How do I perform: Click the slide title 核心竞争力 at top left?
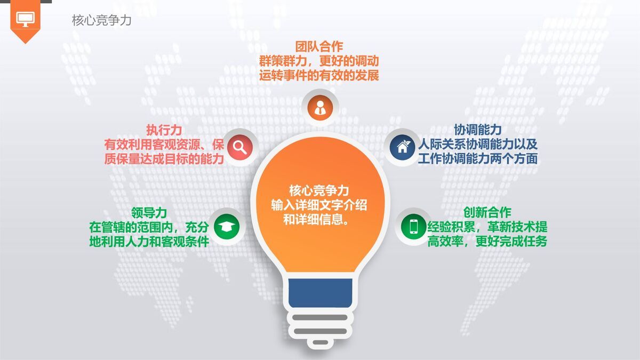point(101,21)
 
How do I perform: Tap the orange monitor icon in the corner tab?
point(25,19)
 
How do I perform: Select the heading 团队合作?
point(319,47)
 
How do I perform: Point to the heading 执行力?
point(164,130)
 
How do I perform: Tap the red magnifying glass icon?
point(239,146)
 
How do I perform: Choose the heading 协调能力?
point(477,130)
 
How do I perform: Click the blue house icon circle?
point(403,146)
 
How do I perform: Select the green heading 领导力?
point(149,212)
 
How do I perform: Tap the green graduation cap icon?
point(227,227)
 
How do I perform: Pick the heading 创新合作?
point(487,212)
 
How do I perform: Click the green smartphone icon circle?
point(414,227)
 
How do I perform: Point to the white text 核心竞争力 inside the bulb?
point(319,190)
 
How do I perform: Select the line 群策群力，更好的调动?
point(319,61)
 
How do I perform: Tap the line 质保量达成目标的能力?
point(164,159)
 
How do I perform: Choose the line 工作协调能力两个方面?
point(477,159)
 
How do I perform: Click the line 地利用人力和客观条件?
point(149,241)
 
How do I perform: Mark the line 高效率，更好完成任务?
point(487,241)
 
